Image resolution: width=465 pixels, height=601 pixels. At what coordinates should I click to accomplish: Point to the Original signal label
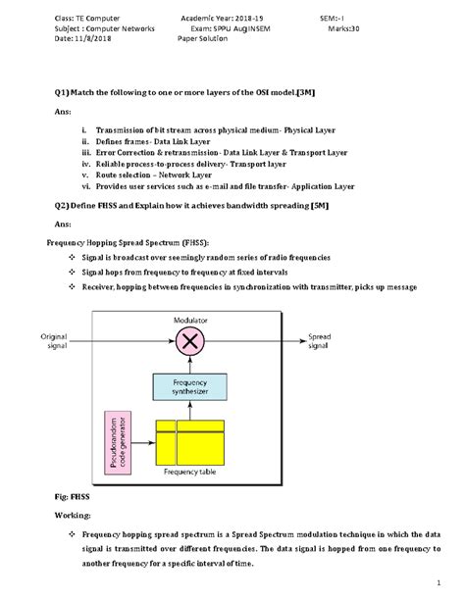pyautogui.click(x=54, y=341)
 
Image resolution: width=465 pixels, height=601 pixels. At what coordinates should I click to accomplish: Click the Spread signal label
pyautogui.click(x=326, y=341)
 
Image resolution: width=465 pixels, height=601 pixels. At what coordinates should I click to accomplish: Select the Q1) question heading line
pyautogui.click(x=184, y=90)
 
